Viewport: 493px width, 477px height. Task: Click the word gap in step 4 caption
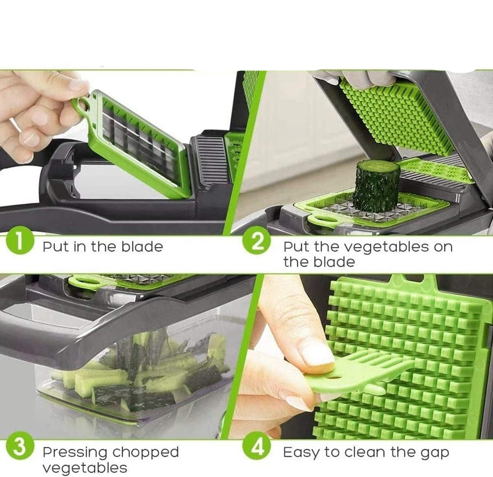point(435,452)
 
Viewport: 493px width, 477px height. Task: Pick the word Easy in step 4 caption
point(301,453)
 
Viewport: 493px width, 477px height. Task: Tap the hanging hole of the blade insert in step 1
point(84,104)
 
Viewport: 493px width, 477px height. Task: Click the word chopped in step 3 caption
point(145,452)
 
